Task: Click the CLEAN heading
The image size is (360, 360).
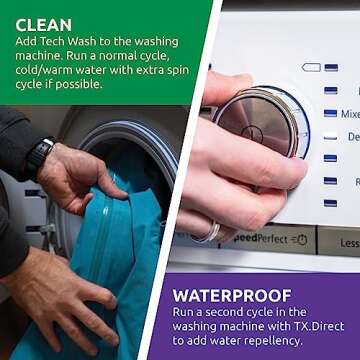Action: coord(43,22)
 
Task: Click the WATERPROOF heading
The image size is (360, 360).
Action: coord(233,296)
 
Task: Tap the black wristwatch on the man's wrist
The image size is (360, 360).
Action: coord(39,158)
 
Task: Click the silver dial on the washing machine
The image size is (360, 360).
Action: coord(257,120)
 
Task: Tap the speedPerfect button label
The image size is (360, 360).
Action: coord(262,240)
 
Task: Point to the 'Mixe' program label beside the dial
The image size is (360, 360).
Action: coord(350,114)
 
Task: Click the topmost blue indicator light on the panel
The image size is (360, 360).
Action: coord(330,68)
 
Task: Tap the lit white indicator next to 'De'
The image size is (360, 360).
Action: coord(330,136)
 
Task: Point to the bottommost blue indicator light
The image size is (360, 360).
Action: coord(330,203)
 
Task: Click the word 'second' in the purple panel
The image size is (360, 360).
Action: coord(238,312)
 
